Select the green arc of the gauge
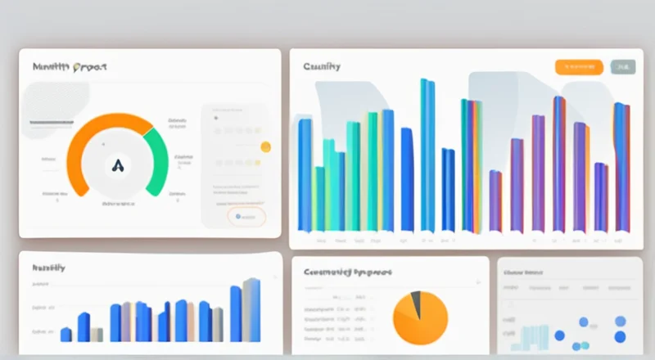coord(157,155)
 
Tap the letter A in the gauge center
coord(118,165)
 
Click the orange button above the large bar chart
coord(579,67)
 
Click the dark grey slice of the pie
coord(416,304)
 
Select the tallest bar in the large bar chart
coord(427,155)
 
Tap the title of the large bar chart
coord(322,66)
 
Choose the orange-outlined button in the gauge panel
coord(246,217)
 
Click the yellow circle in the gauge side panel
coord(265,147)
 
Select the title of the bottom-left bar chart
coord(49,268)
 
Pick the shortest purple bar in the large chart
coord(495,200)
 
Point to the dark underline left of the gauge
coord(52,123)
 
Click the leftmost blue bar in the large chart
coord(305,175)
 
